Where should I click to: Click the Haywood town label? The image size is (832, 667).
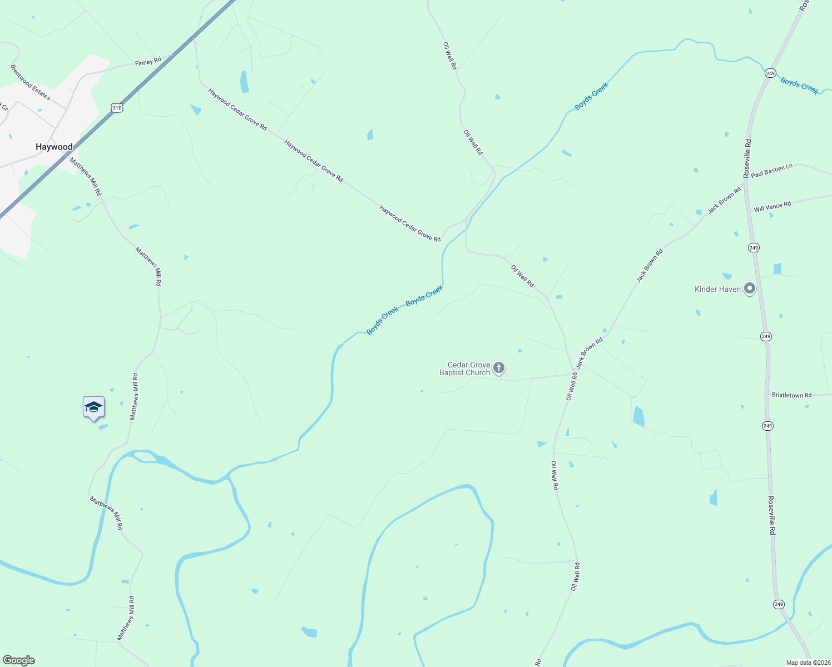pyautogui.click(x=54, y=147)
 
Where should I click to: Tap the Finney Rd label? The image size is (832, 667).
pyautogui.click(x=148, y=62)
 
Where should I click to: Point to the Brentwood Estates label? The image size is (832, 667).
pyautogui.click(x=31, y=82)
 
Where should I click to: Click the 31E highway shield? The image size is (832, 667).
pyautogui.click(x=117, y=108)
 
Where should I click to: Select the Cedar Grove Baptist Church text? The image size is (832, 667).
pyautogui.click(x=465, y=369)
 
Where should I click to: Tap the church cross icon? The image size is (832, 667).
pyautogui.click(x=499, y=367)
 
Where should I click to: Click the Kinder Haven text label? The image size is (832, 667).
pyautogui.click(x=717, y=289)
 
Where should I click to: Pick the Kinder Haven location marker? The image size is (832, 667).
pyautogui.click(x=750, y=288)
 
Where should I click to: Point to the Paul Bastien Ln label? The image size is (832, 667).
pyautogui.click(x=771, y=171)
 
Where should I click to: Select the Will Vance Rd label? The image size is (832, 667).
pyautogui.click(x=772, y=207)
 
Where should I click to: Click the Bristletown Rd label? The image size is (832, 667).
pyautogui.click(x=791, y=395)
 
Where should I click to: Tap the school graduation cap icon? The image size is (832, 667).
pyautogui.click(x=93, y=407)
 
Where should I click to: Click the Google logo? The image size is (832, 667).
pyautogui.click(x=19, y=660)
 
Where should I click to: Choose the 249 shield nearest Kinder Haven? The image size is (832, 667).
pyautogui.click(x=754, y=247)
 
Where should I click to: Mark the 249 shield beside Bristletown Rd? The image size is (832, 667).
pyautogui.click(x=767, y=426)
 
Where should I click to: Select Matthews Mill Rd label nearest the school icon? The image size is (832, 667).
pyautogui.click(x=134, y=396)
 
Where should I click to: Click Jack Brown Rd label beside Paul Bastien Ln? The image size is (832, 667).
pyautogui.click(x=724, y=201)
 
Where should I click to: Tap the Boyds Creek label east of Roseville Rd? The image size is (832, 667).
pyautogui.click(x=799, y=86)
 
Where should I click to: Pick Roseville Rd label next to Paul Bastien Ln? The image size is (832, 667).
pyautogui.click(x=747, y=158)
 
